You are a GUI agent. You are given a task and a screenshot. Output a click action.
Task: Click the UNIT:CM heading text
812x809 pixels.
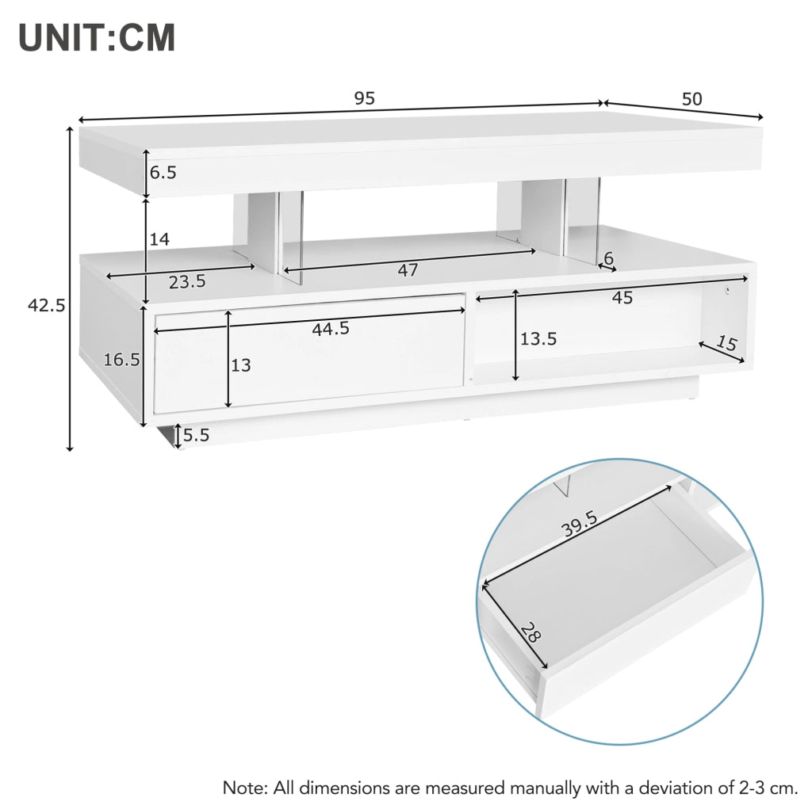(97, 37)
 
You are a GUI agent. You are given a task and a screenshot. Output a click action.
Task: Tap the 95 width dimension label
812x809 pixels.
(364, 97)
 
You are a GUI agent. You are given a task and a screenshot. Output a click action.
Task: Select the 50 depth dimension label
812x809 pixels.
(691, 98)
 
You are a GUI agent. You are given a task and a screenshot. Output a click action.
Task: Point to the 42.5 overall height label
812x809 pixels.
(47, 306)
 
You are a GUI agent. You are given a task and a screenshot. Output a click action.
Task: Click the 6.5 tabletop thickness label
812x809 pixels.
(163, 173)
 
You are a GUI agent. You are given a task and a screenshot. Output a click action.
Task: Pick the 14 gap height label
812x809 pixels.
(159, 239)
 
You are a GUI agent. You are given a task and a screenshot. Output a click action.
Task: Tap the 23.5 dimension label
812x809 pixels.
(187, 282)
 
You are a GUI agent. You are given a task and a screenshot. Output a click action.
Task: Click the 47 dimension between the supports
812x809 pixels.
(408, 269)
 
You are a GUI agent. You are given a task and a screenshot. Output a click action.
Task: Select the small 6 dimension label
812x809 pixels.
(608, 258)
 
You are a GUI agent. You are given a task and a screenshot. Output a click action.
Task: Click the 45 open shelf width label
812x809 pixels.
(622, 298)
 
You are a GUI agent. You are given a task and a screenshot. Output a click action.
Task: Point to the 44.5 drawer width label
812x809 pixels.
(331, 328)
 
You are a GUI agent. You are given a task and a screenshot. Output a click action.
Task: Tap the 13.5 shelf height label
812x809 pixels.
(538, 338)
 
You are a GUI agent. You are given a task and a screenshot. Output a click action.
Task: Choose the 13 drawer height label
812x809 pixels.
(241, 365)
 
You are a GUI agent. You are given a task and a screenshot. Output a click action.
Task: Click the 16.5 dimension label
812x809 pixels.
(121, 359)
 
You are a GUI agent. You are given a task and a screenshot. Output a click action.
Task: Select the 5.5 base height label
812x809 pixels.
(197, 435)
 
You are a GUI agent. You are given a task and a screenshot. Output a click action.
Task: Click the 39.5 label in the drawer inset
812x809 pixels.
(580, 523)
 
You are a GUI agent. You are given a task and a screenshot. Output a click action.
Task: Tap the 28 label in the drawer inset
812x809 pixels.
(530, 632)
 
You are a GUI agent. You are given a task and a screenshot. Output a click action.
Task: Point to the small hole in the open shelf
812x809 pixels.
(726, 290)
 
